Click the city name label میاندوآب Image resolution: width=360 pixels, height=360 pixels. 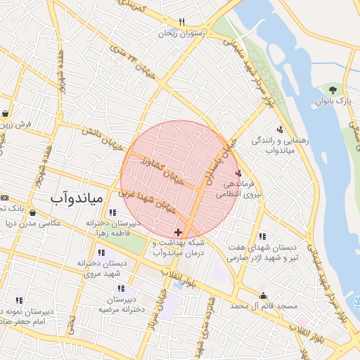77,199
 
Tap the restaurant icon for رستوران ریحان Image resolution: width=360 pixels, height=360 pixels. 182,22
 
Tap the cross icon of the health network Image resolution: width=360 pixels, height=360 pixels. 178,231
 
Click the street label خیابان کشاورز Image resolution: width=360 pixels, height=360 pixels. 162,169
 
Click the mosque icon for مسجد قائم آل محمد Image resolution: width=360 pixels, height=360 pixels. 264,296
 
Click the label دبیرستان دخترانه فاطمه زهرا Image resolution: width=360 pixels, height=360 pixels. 113,227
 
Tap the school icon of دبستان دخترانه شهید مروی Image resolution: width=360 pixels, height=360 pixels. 102,252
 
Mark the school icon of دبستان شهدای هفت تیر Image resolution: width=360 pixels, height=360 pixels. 262,236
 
